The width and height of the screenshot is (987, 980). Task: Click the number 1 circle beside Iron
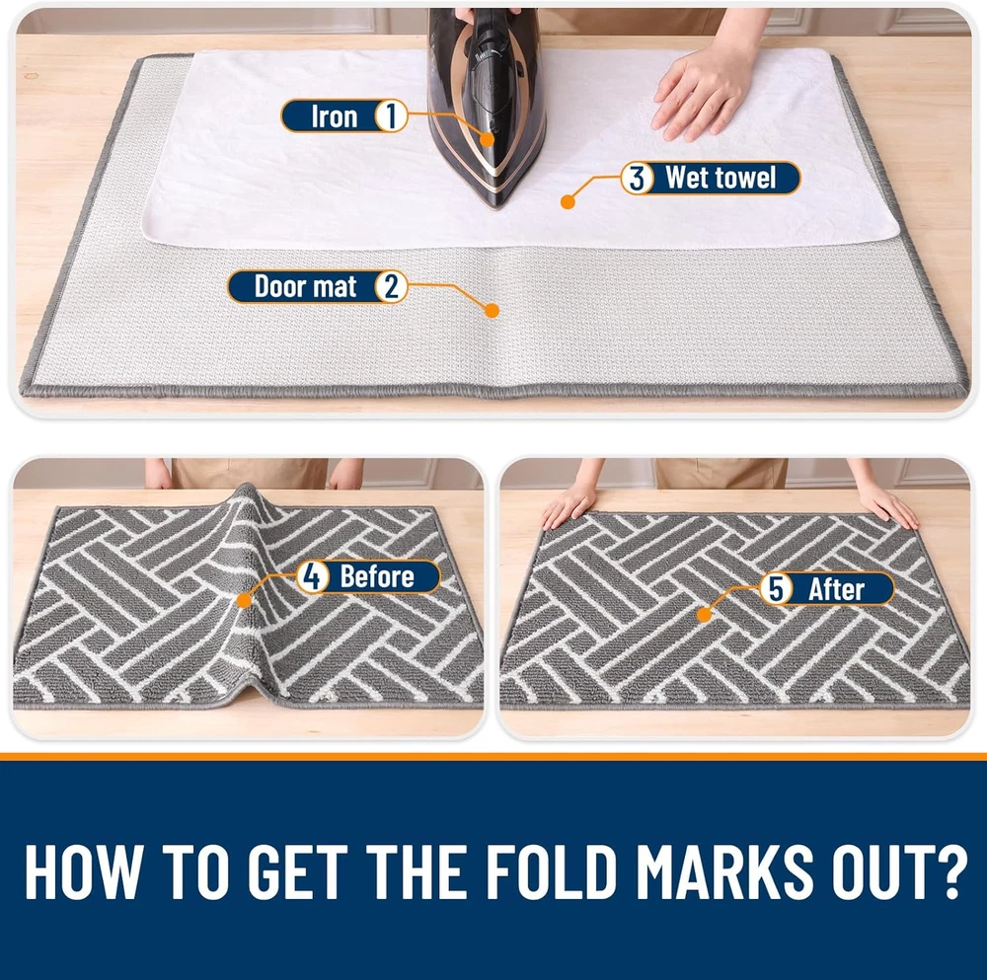(x=391, y=116)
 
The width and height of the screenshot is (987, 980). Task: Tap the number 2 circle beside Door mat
(x=391, y=286)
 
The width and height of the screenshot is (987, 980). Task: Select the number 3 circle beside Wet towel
(x=637, y=178)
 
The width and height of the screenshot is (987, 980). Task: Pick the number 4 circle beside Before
(x=312, y=576)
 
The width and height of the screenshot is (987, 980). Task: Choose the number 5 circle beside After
(x=776, y=589)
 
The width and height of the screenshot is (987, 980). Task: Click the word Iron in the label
(x=335, y=116)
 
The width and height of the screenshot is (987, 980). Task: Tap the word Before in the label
(x=377, y=576)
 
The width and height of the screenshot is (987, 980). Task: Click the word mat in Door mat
(x=336, y=287)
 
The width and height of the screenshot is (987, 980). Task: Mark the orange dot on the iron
(x=487, y=139)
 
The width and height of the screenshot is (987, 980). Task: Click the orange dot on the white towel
(x=568, y=202)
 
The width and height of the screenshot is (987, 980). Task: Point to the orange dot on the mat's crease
(x=493, y=310)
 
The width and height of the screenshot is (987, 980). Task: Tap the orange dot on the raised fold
(x=244, y=600)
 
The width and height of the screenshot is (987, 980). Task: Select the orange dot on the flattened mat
(x=705, y=614)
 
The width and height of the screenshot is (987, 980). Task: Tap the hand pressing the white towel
(x=702, y=95)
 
